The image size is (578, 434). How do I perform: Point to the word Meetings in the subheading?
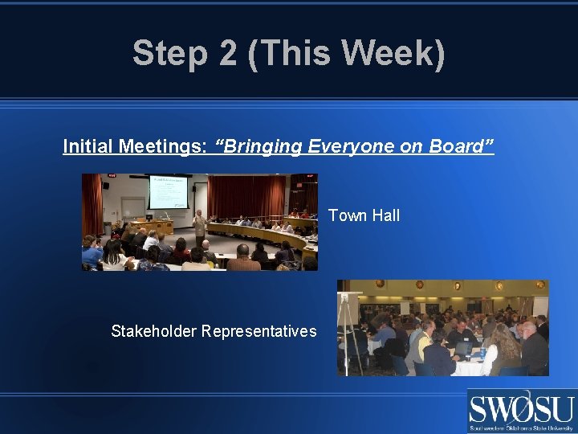tap(164, 146)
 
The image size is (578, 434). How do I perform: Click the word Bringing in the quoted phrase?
tap(260, 146)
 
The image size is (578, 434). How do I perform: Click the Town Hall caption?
tap(364, 215)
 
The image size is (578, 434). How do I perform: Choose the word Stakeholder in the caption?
tap(153, 331)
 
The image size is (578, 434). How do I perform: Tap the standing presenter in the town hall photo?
tap(199, 226)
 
